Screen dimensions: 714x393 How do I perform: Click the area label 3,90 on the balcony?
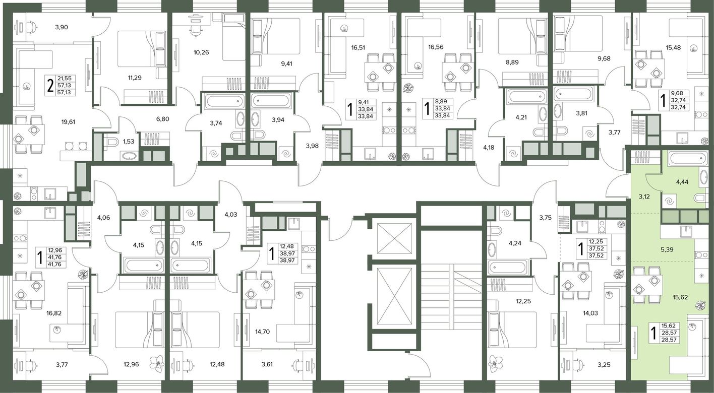coord(62,27)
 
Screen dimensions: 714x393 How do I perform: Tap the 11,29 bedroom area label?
coord(135,78)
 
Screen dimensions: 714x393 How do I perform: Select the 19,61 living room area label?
coord(68,121)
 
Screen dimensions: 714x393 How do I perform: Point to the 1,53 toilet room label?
coord(129,142)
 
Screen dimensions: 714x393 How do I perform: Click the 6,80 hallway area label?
coord(162,119)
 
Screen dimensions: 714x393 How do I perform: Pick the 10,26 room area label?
coord(202,52)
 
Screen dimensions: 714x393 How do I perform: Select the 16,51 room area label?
coord(359,48)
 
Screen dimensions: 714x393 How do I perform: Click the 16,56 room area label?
coord(436,47)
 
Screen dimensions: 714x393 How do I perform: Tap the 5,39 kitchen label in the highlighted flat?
coord(667,250)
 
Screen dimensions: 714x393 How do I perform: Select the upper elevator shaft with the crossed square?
coord(394,238)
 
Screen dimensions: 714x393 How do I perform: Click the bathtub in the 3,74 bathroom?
coord(223,102)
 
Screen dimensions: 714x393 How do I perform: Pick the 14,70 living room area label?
coord(263,332)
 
